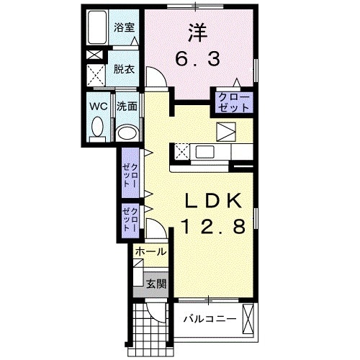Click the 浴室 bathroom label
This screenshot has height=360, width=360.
[x=125, y=29]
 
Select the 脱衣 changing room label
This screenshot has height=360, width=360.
[x=124, y=70]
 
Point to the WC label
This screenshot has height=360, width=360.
[x=98, y=106]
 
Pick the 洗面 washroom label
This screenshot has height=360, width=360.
[x=127, y=106]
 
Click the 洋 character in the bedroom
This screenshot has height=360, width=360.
[x=199, y=32]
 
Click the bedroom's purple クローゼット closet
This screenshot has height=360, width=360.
[x=231, y=102]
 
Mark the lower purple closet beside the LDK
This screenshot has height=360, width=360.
[x=130, y=218]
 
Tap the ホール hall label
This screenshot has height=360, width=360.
[x=150, y=252]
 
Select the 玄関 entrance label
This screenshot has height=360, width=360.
[x=155, y=284]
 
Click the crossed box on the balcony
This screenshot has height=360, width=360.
[x=248, y=318]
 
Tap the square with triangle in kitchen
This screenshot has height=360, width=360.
[x=227, y=132]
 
